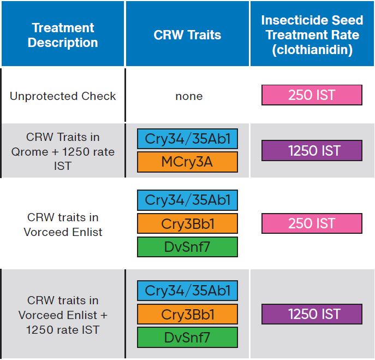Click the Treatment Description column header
(x=63, y=35)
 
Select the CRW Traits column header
(x=187, y=35)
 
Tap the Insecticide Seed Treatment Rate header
(x=312, y=35)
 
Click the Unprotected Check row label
(x=63, y=96)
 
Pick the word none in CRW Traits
(x=189, y=96)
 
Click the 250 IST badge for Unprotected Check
(x=312, y=95)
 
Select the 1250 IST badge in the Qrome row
(x=312, y=150)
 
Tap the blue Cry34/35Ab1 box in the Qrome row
(x=187, y=139)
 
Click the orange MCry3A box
(x=187, y=162)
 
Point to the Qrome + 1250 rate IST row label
(x=63, y=151)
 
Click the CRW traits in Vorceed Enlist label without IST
(x=63, y=224)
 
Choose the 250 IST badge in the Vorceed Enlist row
(x=312, y=223)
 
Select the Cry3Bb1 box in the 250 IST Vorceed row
(x=187, y=223)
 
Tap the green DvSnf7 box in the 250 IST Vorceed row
(x=187, y=246)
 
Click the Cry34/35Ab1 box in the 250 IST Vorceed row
(x=187, y=200)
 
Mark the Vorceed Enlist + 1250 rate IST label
(x=63, y=315)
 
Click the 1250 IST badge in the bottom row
(x=312, y=314)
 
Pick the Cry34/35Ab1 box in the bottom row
(x=187, y=291)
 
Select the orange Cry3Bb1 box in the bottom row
(x=187, y=314)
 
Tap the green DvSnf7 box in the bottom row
(x=187, y=337)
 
